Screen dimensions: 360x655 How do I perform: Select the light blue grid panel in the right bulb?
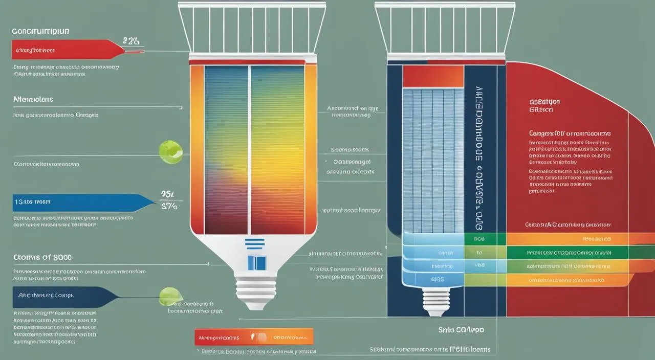click(x=433, y=159)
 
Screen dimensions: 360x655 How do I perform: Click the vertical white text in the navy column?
click(x=480, y=159)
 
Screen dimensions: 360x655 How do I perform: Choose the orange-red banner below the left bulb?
click(x=254, y=336)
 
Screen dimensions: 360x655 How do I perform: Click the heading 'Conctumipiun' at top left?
click(x=40, y=31)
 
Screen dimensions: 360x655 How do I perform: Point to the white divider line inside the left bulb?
click(x=249, y=148)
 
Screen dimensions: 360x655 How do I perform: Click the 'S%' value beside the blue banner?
click(x=169, y=207)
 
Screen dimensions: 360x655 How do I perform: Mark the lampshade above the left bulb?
click(x=252, y=28)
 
